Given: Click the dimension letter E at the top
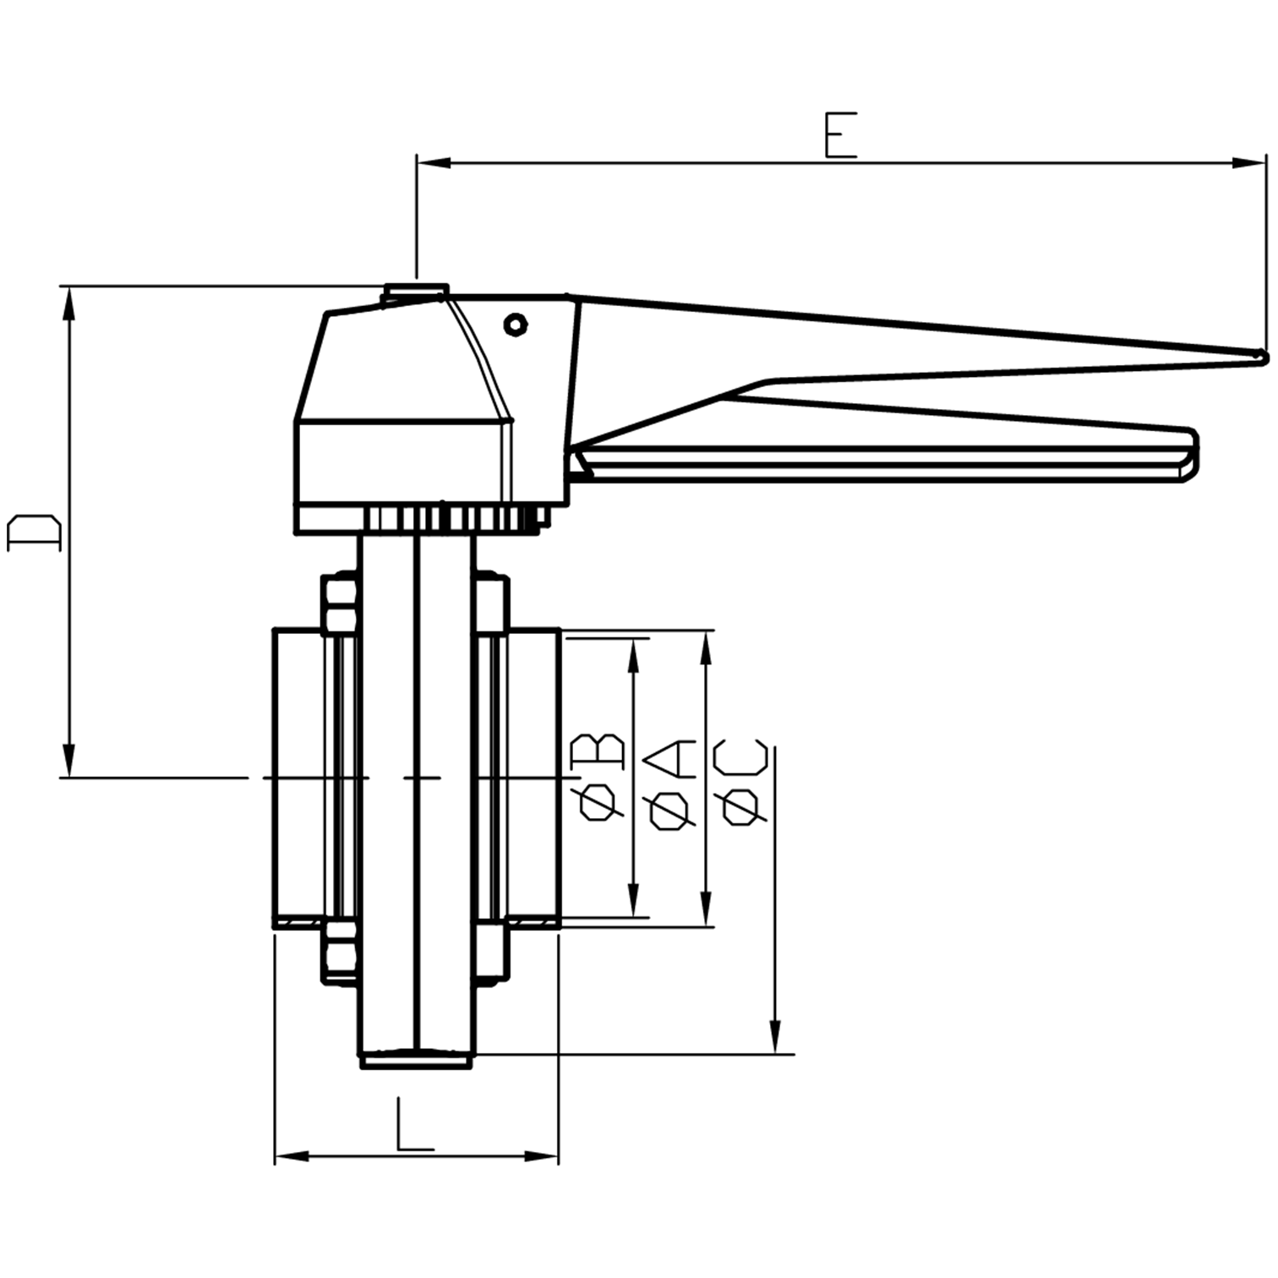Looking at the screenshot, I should pyautogui.click(x=840, y=135).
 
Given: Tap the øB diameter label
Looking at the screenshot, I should pyautogui.click(x=599, y=778).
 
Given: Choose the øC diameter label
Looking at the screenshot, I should pyautogui.click(x=742, y=782).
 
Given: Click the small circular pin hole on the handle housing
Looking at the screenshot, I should pyautogui.click(x=515, y=324).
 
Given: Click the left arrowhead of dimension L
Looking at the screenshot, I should pyautogui.click(x=291, y=1155).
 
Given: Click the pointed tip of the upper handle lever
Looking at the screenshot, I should pyautogui.click(x=1263, y=358).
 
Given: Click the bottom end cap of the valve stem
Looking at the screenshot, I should pyautogui.click(x=416, y=1058).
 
